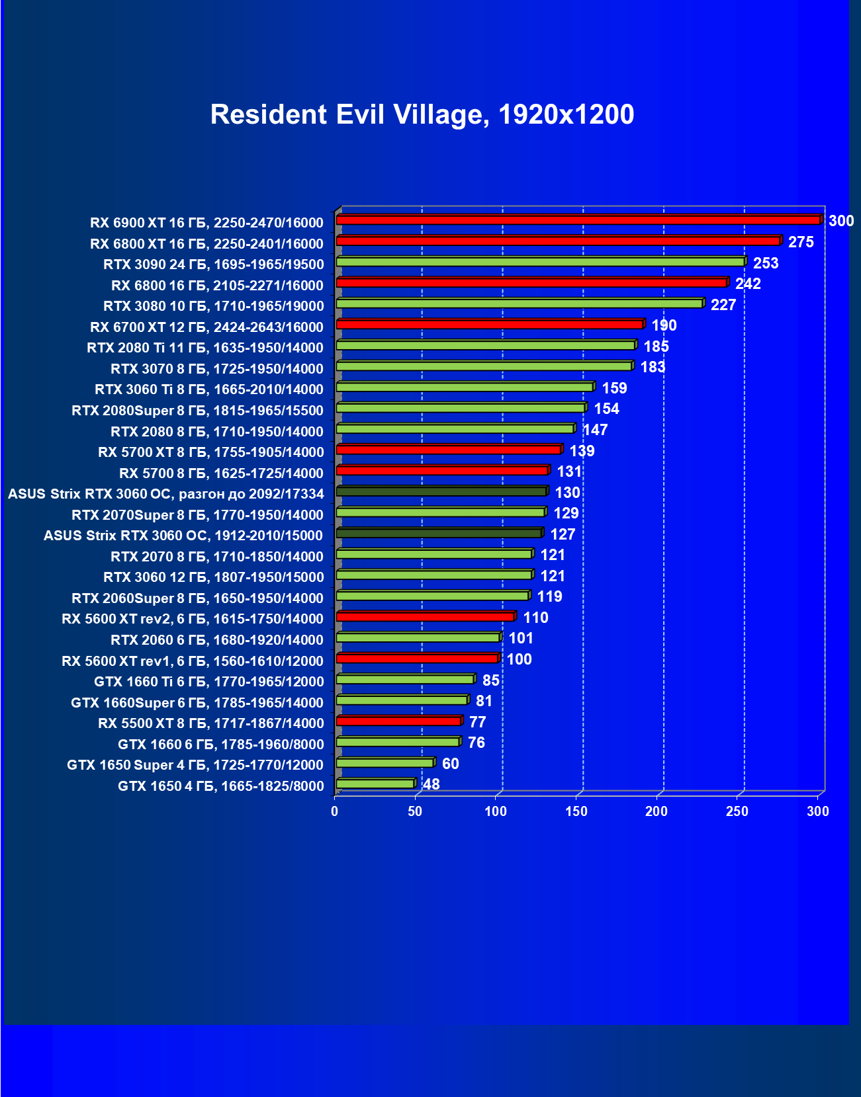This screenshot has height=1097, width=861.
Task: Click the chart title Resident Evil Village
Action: [422, 114]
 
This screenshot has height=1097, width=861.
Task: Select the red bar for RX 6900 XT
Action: [578, 220]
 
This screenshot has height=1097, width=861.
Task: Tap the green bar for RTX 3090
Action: [540, 262]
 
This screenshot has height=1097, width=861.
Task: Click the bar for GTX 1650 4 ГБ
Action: [375, 784]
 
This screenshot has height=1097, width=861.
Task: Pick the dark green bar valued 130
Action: [441, 491]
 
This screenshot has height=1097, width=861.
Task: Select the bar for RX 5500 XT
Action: [398, 721]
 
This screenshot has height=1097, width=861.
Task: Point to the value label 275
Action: [801, 242]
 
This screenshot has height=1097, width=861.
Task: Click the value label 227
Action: [723, 305]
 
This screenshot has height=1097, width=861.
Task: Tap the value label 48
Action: [431, 784]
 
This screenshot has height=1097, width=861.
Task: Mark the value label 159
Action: [614, 388]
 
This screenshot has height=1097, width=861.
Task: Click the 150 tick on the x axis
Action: [576, 811]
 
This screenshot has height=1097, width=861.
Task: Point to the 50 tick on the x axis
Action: [415, 811]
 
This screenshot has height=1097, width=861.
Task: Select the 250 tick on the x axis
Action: [737, 811]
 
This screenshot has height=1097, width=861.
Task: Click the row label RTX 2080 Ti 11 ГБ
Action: [205, 348]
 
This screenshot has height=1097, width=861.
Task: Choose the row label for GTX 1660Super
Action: [197, 702]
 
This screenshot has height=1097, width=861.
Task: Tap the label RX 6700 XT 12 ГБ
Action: [206, 327]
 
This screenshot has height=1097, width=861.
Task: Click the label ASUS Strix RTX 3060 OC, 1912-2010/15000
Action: [183, 536]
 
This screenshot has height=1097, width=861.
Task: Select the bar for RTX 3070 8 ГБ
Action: [484, 366]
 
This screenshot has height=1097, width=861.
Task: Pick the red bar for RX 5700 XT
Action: [449, 450]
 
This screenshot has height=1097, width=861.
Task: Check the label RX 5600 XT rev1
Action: [193, 661]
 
